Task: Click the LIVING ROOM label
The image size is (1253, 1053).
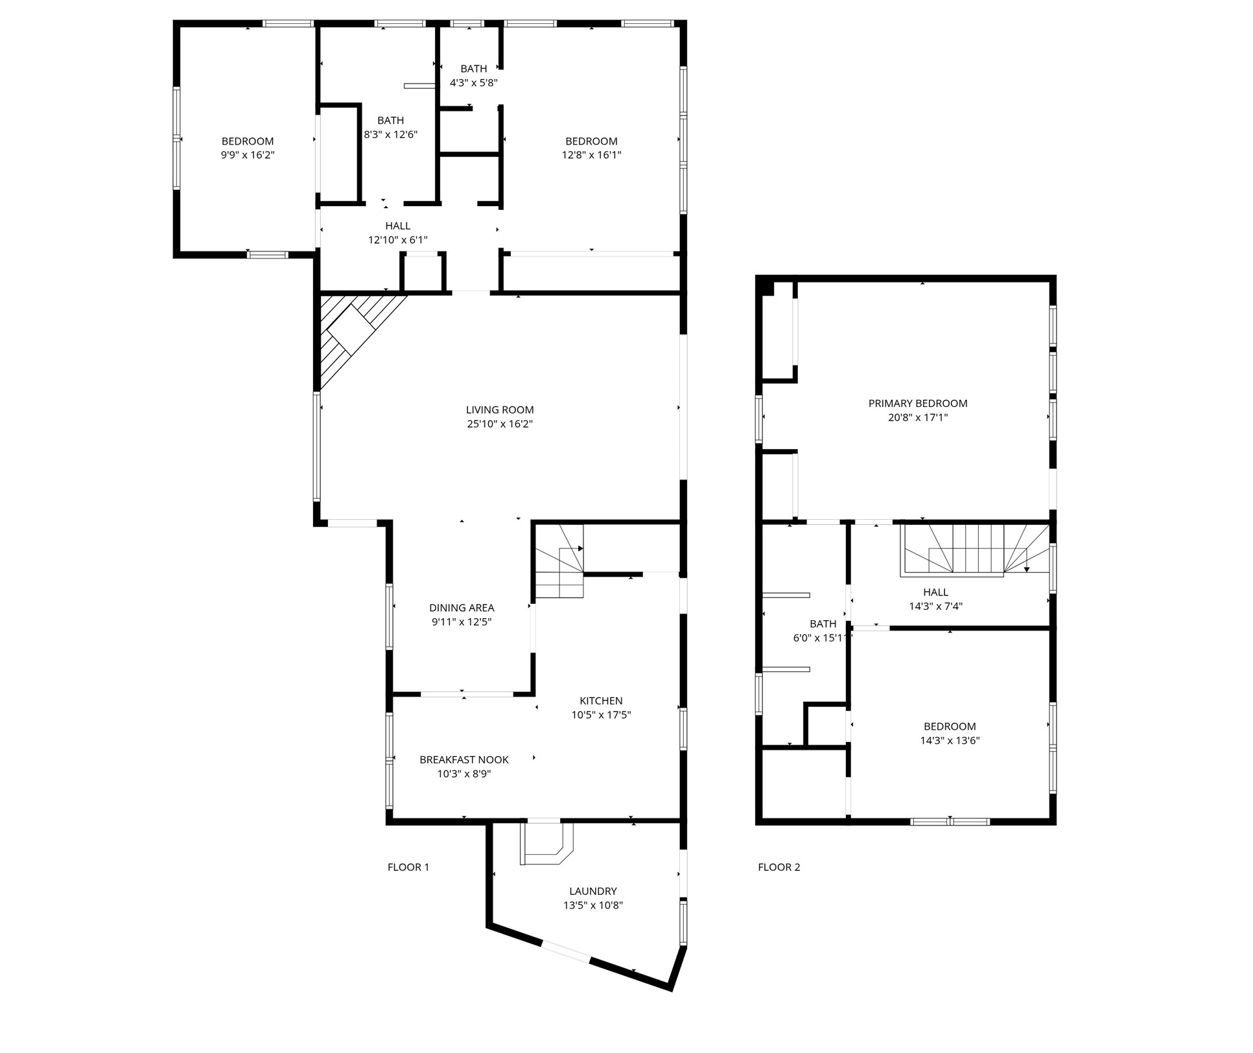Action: tap(499, 410)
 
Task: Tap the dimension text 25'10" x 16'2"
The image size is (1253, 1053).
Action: tap(499, 424)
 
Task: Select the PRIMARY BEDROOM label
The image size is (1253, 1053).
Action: tap(917, 403)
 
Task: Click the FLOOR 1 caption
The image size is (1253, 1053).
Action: tap(408, 867)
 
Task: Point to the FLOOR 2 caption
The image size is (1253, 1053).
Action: tap(779, 867)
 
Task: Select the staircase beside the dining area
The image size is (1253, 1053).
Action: tap(558, 562)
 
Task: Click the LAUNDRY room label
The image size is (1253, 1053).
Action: tap(592, 891)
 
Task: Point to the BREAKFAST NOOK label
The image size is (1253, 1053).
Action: tap(463, 759)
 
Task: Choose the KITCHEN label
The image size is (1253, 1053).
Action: tap(600, 700)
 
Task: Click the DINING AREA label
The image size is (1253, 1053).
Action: tap(462, 607)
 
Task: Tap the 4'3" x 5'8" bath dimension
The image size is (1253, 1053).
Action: tap(473, 83)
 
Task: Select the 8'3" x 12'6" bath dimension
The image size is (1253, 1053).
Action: tap(390, 135)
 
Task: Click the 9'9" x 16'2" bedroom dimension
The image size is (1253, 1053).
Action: tap(248, 155)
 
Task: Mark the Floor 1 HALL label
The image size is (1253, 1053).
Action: tap(397, 226)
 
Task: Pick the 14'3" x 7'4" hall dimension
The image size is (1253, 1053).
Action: tap(935, 607)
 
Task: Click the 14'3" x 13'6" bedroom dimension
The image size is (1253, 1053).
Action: tap(950, 741)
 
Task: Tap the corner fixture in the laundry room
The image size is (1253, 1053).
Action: tap(546, 844)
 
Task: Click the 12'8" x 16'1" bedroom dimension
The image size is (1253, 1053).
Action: tap(591, 155)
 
